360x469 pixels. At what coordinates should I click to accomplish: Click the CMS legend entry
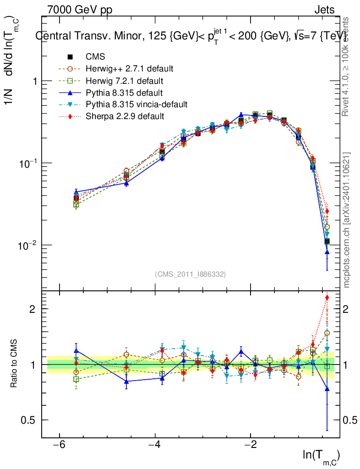coord(95,57)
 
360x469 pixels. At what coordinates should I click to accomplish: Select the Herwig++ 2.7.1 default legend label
coord(129,69)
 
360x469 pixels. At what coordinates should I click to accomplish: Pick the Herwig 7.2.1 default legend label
coord(125,81)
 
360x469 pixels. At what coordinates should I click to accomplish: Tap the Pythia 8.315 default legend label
coord(124,93)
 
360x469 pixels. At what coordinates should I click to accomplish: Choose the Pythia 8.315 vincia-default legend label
coord(136,104)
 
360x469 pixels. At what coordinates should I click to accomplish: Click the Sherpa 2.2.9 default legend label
coord(125,116)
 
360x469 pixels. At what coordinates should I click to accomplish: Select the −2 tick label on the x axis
coord(251,446)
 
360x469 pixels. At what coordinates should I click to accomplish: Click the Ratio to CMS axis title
coord(14,364)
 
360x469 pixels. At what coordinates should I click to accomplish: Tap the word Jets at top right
coord(324,10)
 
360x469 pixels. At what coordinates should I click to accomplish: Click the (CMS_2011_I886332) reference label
coord(191,274)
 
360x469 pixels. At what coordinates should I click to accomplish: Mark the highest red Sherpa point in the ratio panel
coord(327,298)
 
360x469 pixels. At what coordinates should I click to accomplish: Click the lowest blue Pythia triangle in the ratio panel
coord(327,389)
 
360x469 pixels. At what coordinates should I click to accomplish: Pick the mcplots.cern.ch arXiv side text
coord(347,220)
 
